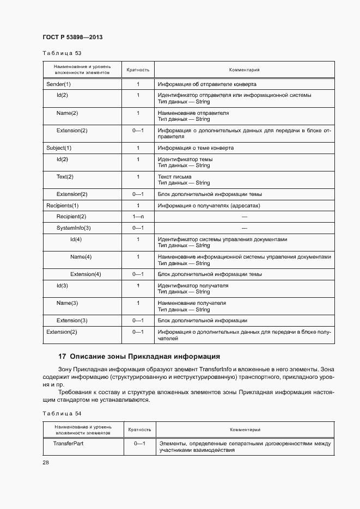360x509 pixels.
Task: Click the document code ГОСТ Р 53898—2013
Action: coord(72,37)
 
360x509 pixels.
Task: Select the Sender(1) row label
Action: coord(59,84)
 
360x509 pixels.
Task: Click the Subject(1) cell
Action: coord(59,148)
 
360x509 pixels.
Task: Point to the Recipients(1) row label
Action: coord(63,205)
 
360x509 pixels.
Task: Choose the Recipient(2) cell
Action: coord(71,217)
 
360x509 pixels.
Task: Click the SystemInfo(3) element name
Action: coord(74,228)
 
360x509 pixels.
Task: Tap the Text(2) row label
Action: coord(65,177)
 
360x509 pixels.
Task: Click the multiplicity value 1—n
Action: coord(138,217)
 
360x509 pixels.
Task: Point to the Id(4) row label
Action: coord(76,240)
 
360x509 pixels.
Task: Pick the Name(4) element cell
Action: coord(81,256)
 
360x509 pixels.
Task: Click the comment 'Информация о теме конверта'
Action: coord(196,148)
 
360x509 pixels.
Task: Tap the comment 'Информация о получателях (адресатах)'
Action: coord(209,205)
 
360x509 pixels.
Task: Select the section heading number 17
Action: coord(62,357)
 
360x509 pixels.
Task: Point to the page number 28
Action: coord(45,462)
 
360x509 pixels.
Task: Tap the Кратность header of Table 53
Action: coord(138,70)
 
